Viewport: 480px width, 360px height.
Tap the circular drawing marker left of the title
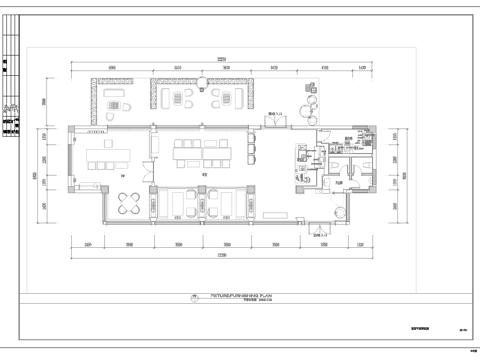tap(190, 298)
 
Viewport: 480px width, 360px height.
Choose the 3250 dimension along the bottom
tap(178, 243)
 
